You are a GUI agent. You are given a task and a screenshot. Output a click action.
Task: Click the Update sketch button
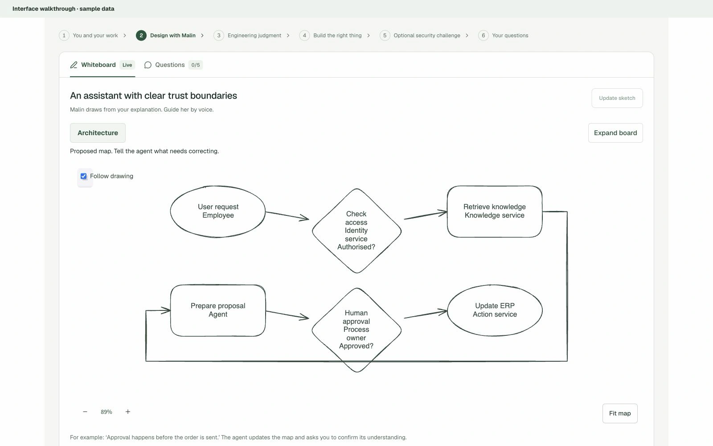pyautogui.click(x=617, y=98)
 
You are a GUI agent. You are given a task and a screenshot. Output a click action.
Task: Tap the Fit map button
pyautogui.click(x=620, y=413)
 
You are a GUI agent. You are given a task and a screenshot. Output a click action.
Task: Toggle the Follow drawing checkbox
pyautogui.click(x=84, y=176)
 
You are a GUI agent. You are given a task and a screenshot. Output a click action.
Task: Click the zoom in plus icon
pyautogui.click(x=127, y=412)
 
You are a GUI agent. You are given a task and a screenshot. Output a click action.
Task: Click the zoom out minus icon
pyautogui.click(x=85, y=412)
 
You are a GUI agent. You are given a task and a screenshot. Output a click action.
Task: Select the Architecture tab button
pyautogui.click(x=98, y=133)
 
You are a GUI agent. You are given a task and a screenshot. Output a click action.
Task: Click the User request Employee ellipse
pyautogui.click(x=218, y=211)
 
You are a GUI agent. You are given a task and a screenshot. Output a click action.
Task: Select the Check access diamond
pyautogui.click(x=356, y=231)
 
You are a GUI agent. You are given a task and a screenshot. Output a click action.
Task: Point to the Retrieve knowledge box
pyautogui.click(x=495, y=211)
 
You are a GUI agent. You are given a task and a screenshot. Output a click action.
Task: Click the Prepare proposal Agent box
pyautogui.click(x=218, y=310)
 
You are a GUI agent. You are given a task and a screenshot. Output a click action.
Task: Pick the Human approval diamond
pyautogui.click(x=356, y=330)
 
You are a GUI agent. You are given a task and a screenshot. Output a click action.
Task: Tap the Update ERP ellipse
pyautogui.click(x=495, y=310)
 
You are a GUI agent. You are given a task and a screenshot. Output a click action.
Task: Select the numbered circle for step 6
pyautogui.click(x=483, y=35)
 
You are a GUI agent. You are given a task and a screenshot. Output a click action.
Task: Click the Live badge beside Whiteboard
pyautogui.click(x=127, y=65)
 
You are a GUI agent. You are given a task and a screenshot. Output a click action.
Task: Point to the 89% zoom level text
pyautogui.click(x=107, y=412)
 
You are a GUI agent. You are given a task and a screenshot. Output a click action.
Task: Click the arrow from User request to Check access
pyautogui.click(x=287, y=215)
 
